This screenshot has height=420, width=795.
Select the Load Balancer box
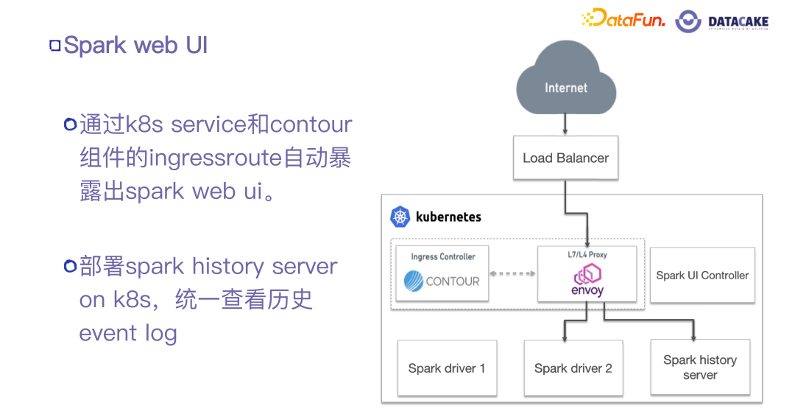click(x=565, y=158)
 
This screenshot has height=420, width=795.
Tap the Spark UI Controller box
click(x=702, y=275)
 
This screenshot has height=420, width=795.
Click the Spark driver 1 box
click(x=447, y=368)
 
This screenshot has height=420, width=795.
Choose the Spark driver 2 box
click(x=573, y=368)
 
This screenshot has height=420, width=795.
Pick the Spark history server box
click(x=699, y=367)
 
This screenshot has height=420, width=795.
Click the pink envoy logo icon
click(x=587, y=275)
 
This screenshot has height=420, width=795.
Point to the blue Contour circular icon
click(x=414, y=281)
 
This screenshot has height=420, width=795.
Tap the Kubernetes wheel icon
click(x=400, y=217)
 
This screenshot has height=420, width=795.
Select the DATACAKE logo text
click(x=738, y=22)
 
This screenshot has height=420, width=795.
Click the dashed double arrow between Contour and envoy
click(x=513, y=274)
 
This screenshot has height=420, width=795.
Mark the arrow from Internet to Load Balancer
click(x=565, y=122)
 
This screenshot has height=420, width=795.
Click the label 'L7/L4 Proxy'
click(x=587, y=255)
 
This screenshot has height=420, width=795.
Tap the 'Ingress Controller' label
click(x=442, y=256)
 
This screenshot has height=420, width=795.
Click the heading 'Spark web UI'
click(x=135, y=45)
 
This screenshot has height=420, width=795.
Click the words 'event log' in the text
click(x=128, y=333)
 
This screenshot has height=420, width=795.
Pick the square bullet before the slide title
click(x=54, y=46)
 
